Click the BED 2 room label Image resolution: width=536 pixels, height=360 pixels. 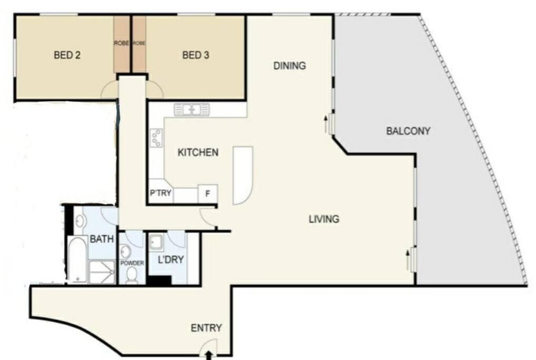click(67, 55)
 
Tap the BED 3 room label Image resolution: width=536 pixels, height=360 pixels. click(196, 55)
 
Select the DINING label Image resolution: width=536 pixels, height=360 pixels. click(289, 66)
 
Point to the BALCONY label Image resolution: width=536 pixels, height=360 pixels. click(408, 131)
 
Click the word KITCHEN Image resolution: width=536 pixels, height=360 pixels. click(198, 152)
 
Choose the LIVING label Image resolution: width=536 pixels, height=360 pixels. click(324, 219)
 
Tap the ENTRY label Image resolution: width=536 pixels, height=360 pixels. click(206, 328)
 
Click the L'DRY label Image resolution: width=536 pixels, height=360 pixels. click(171, 260)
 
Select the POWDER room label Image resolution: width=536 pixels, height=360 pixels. click(132, 263)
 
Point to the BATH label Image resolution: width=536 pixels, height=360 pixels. click(102, 239)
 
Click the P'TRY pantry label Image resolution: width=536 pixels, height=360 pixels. click(160, 193)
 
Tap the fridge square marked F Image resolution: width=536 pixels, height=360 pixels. click(208, 194)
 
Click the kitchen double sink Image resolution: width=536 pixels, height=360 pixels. click(192, 110)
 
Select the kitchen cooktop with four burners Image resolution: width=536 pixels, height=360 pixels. click(156, 138)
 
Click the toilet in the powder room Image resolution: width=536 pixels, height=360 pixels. click(132, 275)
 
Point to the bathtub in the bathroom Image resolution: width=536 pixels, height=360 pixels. click(77, 259)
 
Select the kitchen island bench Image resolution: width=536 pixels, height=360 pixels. click(243, 176)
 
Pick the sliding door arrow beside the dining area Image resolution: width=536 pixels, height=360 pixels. click(325, 124)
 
